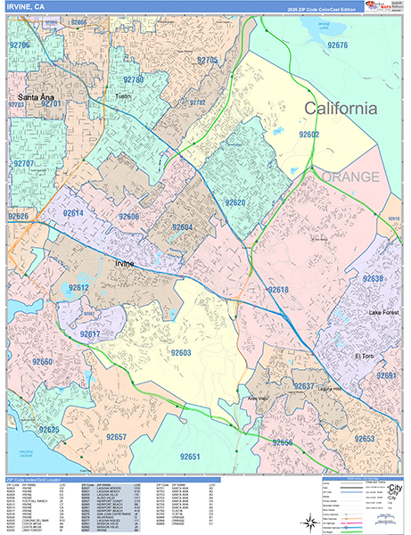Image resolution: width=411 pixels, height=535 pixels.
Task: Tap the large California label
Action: click(x=341, y=109)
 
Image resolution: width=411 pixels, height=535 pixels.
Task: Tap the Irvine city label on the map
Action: click(x=129, y=265)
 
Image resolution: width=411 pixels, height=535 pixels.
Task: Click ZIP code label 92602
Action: click(x=308, y=134)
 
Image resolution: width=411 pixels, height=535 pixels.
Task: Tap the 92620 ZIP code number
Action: click(x=235, y=202)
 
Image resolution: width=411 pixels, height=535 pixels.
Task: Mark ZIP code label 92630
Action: click(x=373, y=279)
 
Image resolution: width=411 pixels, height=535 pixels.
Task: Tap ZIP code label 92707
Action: click(x=24, y=164)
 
